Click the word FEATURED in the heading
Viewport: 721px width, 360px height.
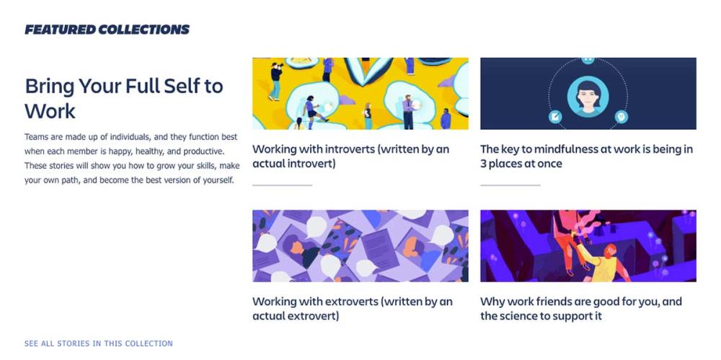point(60,30)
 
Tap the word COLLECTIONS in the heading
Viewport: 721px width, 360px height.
point(144,30)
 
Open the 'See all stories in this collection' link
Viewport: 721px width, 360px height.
point(98,343)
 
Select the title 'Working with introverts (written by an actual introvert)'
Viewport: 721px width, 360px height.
point(351,156)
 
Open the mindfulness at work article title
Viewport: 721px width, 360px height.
point(586,156)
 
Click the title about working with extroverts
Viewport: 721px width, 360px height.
point(353,309)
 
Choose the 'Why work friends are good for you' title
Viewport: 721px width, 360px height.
point(581,309)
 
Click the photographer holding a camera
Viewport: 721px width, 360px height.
point(276,81)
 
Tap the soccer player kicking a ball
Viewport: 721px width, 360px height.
point(313,110)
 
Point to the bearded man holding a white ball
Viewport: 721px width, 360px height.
point(408,111)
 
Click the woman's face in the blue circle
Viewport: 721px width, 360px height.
point(588,97)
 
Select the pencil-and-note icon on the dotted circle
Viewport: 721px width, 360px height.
point(555,116)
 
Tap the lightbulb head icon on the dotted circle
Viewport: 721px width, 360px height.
point(622,116)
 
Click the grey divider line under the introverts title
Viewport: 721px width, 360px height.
point(283,185)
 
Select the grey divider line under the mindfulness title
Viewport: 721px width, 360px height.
point(510,185)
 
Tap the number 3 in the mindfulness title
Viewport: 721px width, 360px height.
point(483,164)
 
